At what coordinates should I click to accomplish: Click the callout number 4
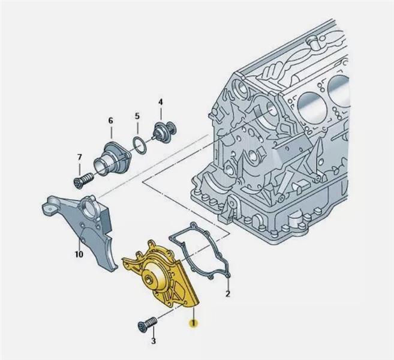point(160,102)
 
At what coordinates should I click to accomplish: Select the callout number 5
point(137,116)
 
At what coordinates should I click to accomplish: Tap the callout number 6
point(110,121)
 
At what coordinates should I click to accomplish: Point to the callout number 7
point(79,157)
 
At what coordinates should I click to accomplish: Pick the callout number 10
point(79,254)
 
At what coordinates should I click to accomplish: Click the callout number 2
point(228,293)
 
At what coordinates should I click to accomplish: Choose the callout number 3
point(154,341)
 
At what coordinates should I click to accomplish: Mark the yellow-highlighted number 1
point(193,323)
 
